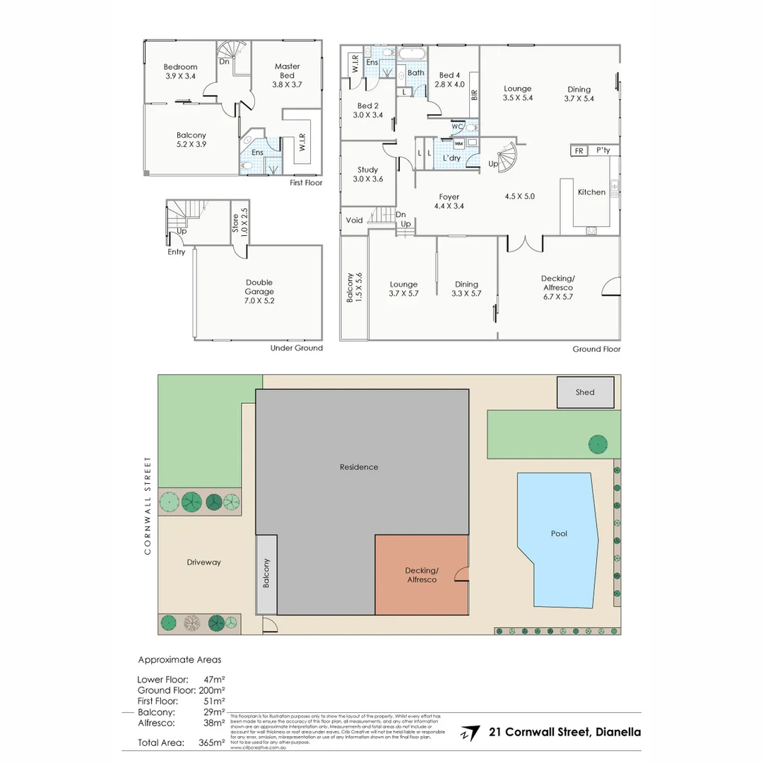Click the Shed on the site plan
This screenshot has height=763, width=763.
click(x=585, y=392)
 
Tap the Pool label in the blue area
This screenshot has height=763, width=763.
click(x=559, y=533)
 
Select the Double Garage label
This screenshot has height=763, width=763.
click(x=259, y=291)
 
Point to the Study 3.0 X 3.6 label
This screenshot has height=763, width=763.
click(x=367, y=175)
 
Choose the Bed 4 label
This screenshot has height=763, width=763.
click(x=450, y=79)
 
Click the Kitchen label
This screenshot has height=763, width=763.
click(x=591, y=192)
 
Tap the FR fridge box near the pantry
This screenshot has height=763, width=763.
click(x=579, y=151)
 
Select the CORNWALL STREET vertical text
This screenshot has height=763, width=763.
click(x=148, y=505)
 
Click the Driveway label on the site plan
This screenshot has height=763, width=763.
click(x=203, y=562)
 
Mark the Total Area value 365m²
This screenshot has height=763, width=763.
click(x=212, y=743)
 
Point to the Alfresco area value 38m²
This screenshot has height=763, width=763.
click(x=213, y=723)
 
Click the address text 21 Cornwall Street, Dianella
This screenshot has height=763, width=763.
click(x=564, y=732)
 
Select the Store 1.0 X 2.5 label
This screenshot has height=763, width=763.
click(x=239, y=220)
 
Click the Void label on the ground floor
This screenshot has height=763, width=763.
click(x=354, y=220)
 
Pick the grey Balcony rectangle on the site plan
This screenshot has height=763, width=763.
click(x=266, y=574)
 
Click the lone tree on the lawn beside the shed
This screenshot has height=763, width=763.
click(x=598, y=444)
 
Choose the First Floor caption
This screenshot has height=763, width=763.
click(x=306, y=182)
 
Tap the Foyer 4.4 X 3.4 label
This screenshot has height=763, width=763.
click(x=449, y=201)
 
